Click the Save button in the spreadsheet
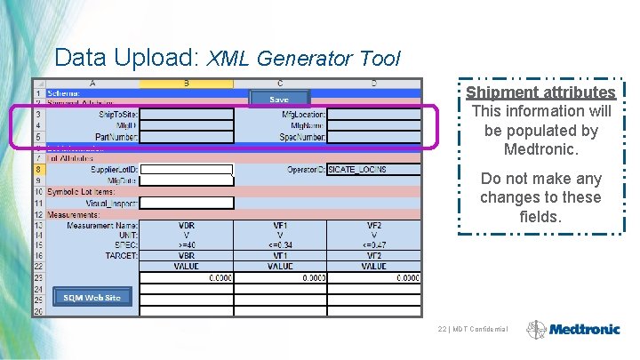(279, 99)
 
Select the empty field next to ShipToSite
(187, 114)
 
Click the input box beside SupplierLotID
(187, 169)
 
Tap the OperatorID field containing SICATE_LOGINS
(373, 169)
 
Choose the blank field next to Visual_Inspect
(187, 203)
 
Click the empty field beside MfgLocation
(373, 114)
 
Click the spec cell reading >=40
(187, 244)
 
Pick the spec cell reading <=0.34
(280, 244)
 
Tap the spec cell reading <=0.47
(373, 244)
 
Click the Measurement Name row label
(102, 225)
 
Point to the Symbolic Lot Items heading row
(80, 192)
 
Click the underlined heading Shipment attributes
(540, 92)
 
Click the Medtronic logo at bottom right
(573, 329)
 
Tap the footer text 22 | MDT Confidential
(474, 330)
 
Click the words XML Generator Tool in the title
(304, 60)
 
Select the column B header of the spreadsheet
(187, 84)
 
